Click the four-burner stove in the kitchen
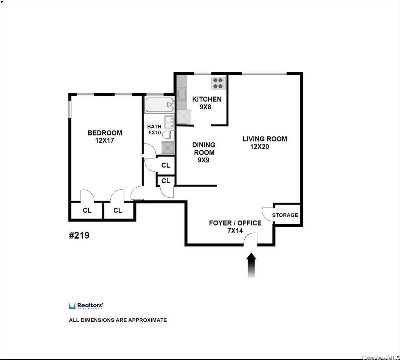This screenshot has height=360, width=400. (x=218, y=83)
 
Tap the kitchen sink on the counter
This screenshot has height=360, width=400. (x=182, y=94)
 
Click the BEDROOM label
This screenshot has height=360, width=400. (x=105, y=133)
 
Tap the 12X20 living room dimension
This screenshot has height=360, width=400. (x=259, y=147)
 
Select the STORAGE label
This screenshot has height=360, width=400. (x=285, y=215)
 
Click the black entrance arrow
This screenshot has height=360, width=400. (x=251, y=265)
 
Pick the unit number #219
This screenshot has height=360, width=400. (x=79, y=235)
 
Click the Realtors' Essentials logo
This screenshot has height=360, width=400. (x=86, y=306)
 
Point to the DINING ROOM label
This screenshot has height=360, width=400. (x=204, y=148)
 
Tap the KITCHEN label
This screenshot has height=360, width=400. (x=207, y=99)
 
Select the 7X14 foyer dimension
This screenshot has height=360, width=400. (x=235, y=231)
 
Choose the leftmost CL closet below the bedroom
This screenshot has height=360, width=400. (x=87, y=211)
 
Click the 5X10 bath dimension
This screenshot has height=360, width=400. (x=155, y=132)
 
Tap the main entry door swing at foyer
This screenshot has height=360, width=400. (x=250, y=239)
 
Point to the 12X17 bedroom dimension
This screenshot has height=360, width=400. (x=105, y=141)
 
